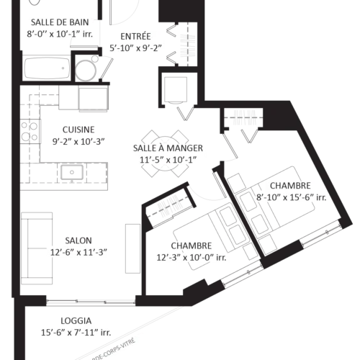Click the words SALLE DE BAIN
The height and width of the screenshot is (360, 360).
60,22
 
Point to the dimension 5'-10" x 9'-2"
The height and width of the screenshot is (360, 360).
135,48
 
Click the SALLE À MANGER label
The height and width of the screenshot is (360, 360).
168,148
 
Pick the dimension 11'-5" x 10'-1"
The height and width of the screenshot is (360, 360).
168,160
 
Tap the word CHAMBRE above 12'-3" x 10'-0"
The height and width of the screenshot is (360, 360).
192,246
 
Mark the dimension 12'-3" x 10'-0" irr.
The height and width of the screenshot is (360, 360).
192,257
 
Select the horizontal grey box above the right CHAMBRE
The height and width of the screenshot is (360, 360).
245,117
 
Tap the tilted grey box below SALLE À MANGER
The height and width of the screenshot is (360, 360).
168,206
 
